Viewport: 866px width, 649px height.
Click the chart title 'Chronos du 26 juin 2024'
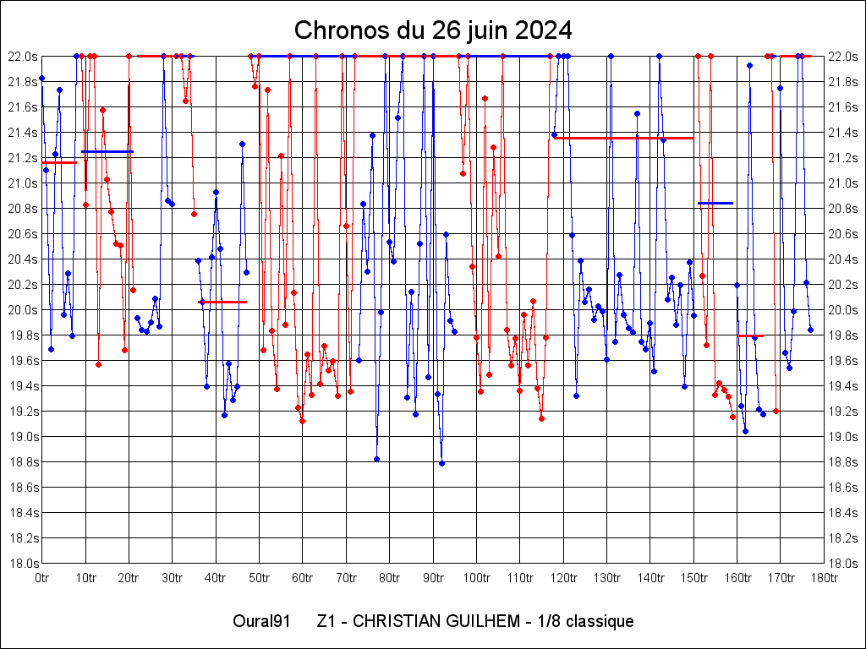coord(433,30)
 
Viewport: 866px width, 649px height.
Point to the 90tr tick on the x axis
coord(433,578)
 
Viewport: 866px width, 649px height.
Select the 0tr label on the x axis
coord(41,578)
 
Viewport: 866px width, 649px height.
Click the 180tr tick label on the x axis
coord(825,578)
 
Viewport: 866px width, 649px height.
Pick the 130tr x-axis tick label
coord(607,578)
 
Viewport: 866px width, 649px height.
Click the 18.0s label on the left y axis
coord(22,564)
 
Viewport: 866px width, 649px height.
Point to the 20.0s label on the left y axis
coord(22,310)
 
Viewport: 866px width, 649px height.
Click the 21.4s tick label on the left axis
coord(22,133)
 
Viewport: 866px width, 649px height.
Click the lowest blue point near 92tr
coord(441,463)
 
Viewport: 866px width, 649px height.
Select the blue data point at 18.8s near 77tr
coord(376,459)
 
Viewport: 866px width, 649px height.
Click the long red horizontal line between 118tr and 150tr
coord(624,138)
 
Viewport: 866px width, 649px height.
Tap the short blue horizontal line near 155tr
coord(715,203)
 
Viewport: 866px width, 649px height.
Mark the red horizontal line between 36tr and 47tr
coord(222,302)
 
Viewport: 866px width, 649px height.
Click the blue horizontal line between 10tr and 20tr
coord(107,151)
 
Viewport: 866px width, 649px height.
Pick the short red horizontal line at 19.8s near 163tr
coord(750,336)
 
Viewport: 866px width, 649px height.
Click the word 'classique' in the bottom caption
coord(600,622)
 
